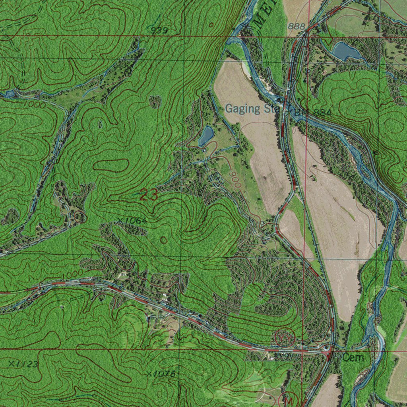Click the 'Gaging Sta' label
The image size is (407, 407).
pyautogui.click(x=250, y=109)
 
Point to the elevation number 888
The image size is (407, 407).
pyautogui.click(x=297, y=26)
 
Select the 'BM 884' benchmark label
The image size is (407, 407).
pyautogui.click(x=312, y=113)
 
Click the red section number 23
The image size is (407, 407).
pyautogui.click(x=149, y=195)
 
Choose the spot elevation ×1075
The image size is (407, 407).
pyautogui.click(x=160, y=374)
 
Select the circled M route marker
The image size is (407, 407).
pyautogui.click(x=290, y=400)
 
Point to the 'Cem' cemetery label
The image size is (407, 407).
pyautogui.click(x=353, y=358)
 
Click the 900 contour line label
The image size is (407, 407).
pyautogui.click(x=235, y=180)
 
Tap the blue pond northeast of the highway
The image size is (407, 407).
pyautogui.click(x=346, y=51)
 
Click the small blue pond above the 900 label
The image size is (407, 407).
pyautogui.click(x=206, y=136)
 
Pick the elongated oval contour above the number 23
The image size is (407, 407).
pyautogui.click(x=111, y=165)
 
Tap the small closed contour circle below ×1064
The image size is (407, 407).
pyautogui.click(x=163, y=240)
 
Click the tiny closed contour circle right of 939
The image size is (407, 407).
pyautogui.click(x=211, y=25)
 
